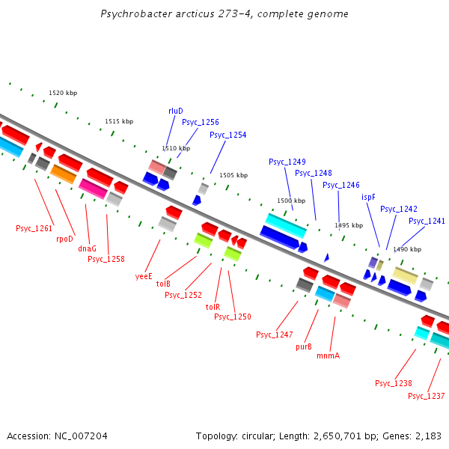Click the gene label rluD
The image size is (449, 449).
click(176, 111)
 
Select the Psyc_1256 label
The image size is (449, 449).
click(201, 122)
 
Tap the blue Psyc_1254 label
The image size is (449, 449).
click(227, 135)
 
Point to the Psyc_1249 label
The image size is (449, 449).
click(287, 162)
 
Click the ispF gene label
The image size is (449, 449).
click(368, 197)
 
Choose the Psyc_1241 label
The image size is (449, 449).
click(427, 221)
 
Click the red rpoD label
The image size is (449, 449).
click(65, 239)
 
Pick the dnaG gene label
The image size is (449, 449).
click(88, 248)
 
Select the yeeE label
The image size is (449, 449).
click(144, 275)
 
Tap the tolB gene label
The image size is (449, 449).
click(163, 284)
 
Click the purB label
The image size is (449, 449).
click(304, 346)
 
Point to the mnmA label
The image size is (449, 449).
click(328, 355)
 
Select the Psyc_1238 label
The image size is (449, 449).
click(394, 383)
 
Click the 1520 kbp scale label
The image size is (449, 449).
click(63, 94)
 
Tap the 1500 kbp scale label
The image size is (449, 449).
click(291, 201)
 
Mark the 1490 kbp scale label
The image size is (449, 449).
click(407, 249)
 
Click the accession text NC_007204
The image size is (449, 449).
click(79, 436)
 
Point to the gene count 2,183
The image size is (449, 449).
click(427, 436)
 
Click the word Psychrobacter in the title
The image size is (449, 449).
click(132, 14)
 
